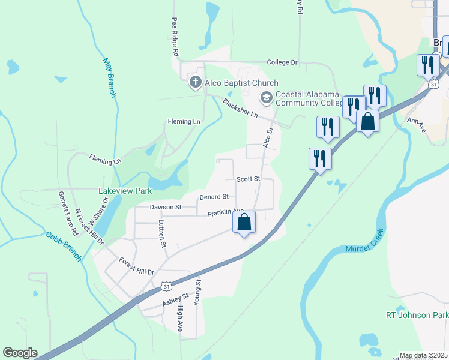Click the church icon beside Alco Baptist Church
[x=195, y=82]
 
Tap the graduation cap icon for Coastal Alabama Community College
[x=265, y=97]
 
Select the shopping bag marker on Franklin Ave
[x=244, y=223]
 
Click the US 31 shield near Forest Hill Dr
[x=167, y=286]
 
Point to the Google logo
[x=20, y=353]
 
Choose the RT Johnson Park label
[x=417, y=315]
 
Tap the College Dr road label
[x=282, y=62]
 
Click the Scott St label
[x=248, y=179]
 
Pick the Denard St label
[x=214, y=196]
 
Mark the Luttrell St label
[x=161, y=233]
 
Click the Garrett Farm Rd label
[x=67, y=213]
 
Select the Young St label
[x=197, y=292]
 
